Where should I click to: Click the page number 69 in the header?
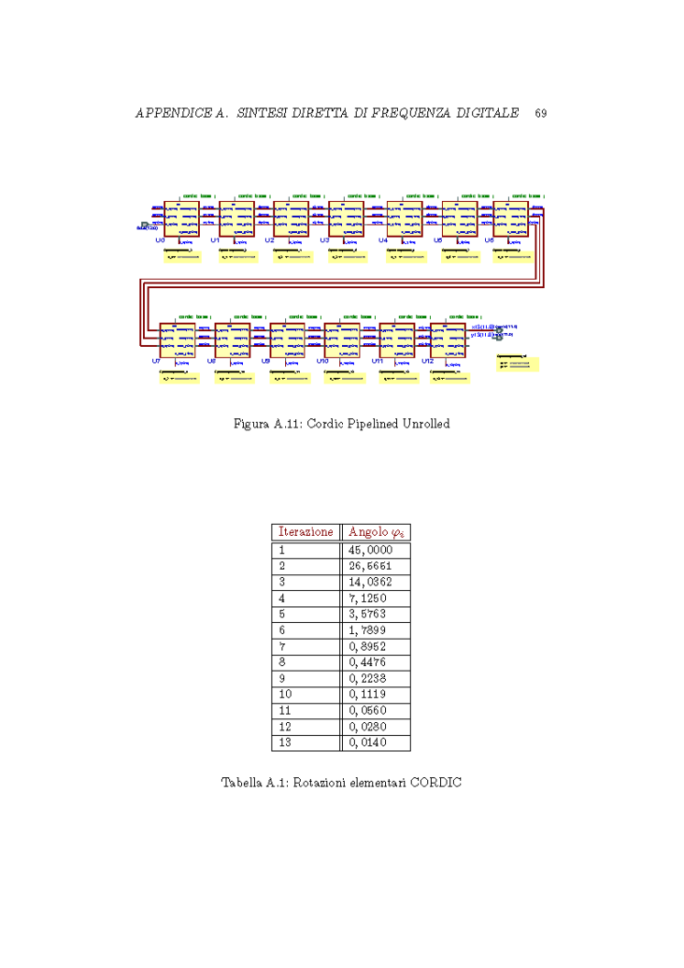click(541, 114)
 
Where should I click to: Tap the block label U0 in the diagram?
click(160, 239)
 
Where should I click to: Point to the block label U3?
click(324, 239)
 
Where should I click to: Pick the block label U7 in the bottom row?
click(156, 362)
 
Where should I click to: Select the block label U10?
click(322, 362)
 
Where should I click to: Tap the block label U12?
click(427, 362)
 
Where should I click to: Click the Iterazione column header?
click(305, 531)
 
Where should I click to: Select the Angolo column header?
click(375, 532)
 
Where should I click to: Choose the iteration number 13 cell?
click(283, 742)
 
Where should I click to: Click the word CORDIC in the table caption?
click(436, 784)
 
